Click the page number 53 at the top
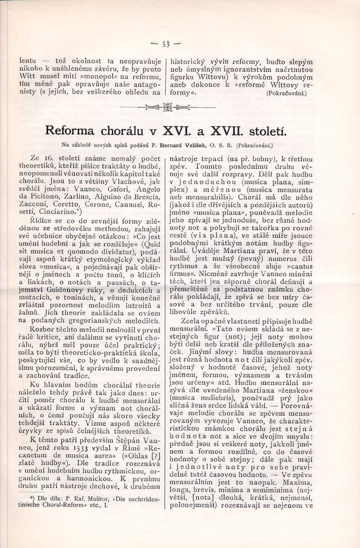[x=166, y=44]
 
